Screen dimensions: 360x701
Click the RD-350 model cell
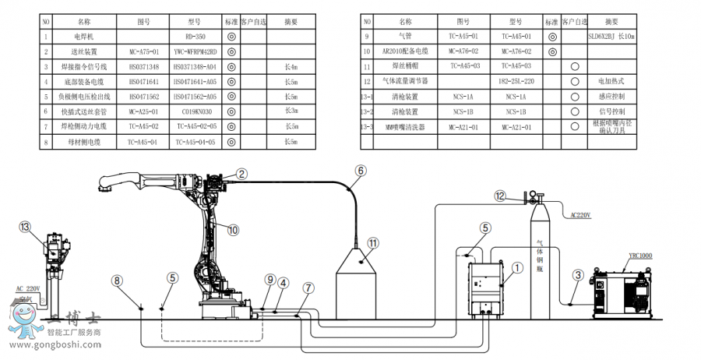point(195,37)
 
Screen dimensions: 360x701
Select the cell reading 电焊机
point(83,37)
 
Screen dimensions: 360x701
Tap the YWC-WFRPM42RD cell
point(195,51)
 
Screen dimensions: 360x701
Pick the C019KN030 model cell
point(195,112)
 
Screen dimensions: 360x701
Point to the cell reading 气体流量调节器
point(405,81)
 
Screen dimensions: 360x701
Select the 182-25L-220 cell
point(515,81)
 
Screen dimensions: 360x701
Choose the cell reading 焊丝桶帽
point(405,66)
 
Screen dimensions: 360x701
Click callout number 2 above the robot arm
point(242,175)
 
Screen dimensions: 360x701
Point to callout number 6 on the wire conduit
point(360,170)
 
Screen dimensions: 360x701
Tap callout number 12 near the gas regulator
point(501,196)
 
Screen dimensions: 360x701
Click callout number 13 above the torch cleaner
point(26,228)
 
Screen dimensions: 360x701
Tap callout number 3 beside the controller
point(578,274)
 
